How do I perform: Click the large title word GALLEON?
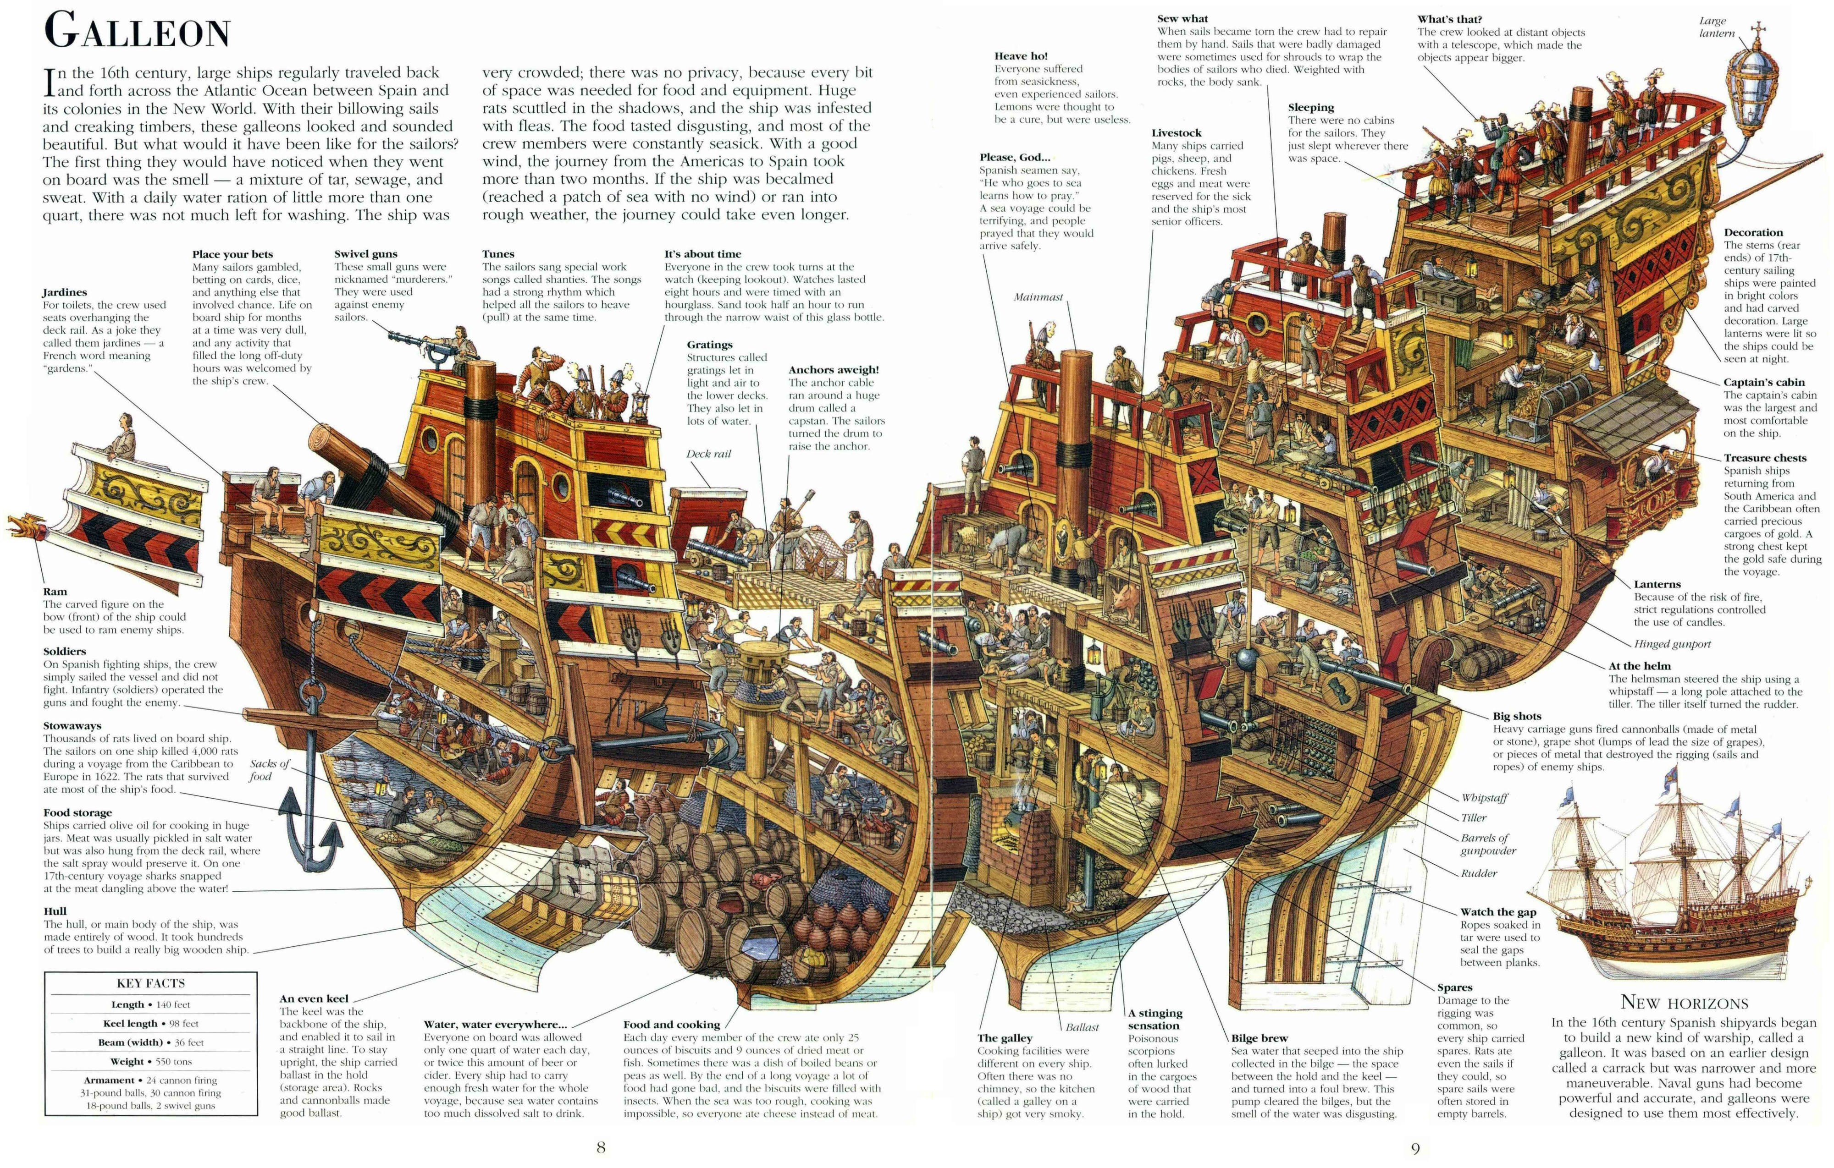pyautogui.click(x=137, y=32)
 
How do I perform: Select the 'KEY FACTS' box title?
pyautogui.click(x=151, y=983)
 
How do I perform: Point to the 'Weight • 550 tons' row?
pyautogui.click(x=151, y=1061)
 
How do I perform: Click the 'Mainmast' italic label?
pyautogui.click(x=1038, y=297)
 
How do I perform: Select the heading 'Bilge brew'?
pyautogui.click(x=1259, y=1038)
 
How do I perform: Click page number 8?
pyautogui.click(x=601, y=1147)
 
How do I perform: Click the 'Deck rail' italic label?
pyautogui.click(x=708, y=454)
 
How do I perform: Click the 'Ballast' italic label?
pyautogui.click(x=1082, y=1027)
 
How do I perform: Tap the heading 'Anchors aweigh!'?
pyautogui.click(x=833, y=370)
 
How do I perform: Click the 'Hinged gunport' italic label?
pyautogui.click(x=1672, y=644)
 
